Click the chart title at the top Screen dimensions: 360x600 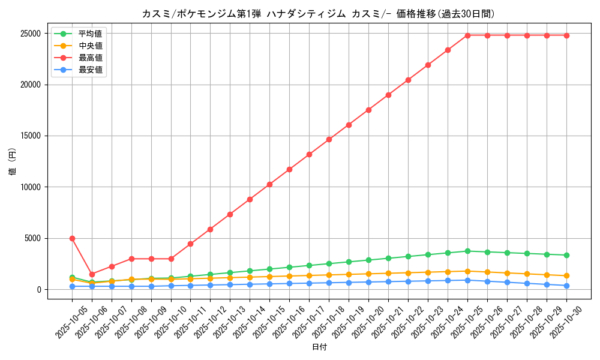click(x=319, y=14)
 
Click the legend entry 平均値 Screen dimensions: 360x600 click(x=90, y=34)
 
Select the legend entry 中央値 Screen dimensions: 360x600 click(x=90, y=46)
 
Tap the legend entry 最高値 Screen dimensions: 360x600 click(x=90, y=58)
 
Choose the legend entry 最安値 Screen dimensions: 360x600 click(x=90, y=70)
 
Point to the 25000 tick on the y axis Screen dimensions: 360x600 click(x=29, y=34)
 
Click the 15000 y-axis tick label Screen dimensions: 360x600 click(x=29, y=136)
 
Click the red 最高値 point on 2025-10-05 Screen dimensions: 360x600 click(x=72, y=238)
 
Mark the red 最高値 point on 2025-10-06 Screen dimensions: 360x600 click(x=92, y=274)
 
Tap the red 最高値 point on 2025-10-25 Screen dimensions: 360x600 click(x=467, y=35)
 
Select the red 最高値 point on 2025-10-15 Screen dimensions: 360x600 click(x=269, y=184)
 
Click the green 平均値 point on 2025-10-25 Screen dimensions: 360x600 click(x=467, y=251)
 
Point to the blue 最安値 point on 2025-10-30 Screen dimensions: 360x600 click(x=566, y=286)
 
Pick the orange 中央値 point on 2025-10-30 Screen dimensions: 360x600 click(x=566, y=275)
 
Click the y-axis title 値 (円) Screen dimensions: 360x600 click(x=13, y=162)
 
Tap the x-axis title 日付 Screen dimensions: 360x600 click(x=319, y=347)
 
